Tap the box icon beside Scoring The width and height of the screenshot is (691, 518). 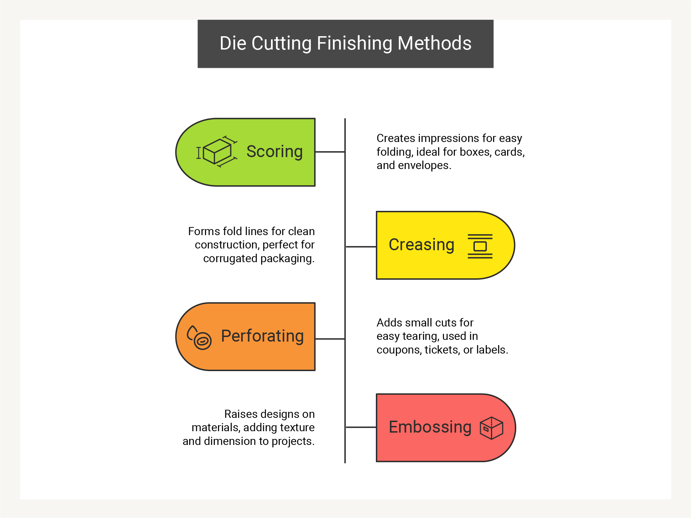(217, 151)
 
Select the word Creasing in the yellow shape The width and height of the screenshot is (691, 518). (421, 245)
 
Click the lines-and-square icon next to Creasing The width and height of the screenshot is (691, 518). (480, 246)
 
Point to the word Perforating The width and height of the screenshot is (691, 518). (262, 336)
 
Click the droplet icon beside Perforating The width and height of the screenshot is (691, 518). (199, 337)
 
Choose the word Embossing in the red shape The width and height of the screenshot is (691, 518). (430, 427)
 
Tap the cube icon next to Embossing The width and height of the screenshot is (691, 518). (492, 428)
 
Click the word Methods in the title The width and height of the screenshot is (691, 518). (434, 43)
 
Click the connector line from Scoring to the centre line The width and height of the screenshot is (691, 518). (330, 152)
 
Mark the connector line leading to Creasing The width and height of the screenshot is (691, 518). (361, 247)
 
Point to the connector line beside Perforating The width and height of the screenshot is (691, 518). (330, 339)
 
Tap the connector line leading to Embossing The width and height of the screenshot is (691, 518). (361, 427)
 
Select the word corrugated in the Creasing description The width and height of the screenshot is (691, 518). (230, 259)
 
